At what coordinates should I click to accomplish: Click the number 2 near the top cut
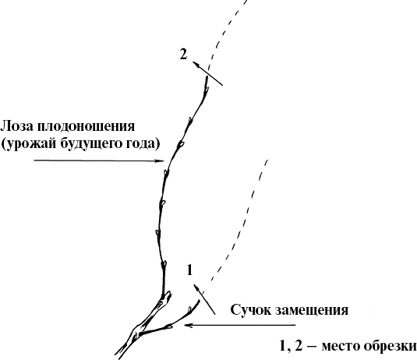point(183,55)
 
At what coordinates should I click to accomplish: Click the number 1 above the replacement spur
point(189,270)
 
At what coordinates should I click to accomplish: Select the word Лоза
point(16,126)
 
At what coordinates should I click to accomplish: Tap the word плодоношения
point(86,127)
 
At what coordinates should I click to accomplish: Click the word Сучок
point(250,310)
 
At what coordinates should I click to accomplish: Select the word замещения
point(312,311)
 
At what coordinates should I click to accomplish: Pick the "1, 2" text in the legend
point(291,345)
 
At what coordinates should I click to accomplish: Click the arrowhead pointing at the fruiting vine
point(161,161)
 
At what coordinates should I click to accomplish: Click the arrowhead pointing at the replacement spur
point(189,325)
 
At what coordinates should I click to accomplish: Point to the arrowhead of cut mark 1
point(196,288)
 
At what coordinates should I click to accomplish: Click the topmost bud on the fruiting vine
point(206,90)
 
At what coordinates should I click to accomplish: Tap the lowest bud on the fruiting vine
point(164,265)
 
